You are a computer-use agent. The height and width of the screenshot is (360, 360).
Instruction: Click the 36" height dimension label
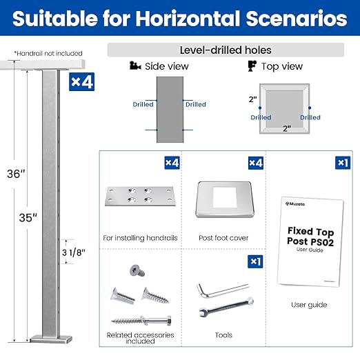point(16,174)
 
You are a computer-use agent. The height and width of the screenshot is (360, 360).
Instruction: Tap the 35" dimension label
point(28,217)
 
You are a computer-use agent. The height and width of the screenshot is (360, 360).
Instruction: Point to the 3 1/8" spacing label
point(74,252)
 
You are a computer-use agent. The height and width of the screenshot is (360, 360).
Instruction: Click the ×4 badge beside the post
point(81,82)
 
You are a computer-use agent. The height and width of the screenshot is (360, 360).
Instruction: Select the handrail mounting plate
point(140,196)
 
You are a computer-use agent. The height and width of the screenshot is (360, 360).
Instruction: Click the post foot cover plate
point(225,199)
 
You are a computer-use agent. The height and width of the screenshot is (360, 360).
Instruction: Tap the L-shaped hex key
point(222,290)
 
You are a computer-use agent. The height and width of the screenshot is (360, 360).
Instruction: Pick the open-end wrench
point(226,307)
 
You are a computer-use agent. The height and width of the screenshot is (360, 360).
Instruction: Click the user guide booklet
point(310,241)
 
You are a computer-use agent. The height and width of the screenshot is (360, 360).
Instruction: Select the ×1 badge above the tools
point(255,261)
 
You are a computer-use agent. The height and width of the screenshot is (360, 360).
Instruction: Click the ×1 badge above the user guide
point(343,163)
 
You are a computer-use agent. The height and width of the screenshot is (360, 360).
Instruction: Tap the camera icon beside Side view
point(135,66)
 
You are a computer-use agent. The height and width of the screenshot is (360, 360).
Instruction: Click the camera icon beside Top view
point(252,66)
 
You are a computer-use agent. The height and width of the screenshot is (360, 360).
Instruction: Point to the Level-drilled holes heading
point(226,50)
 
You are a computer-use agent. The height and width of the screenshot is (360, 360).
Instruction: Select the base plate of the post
point(51,339)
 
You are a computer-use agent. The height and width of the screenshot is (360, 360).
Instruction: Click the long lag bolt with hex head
point(141,320)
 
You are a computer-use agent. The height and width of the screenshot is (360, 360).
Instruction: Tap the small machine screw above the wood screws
point(137,270)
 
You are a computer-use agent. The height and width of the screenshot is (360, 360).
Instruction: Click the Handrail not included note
point(48,53)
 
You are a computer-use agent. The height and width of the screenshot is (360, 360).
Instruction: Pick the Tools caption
point(223,335)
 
